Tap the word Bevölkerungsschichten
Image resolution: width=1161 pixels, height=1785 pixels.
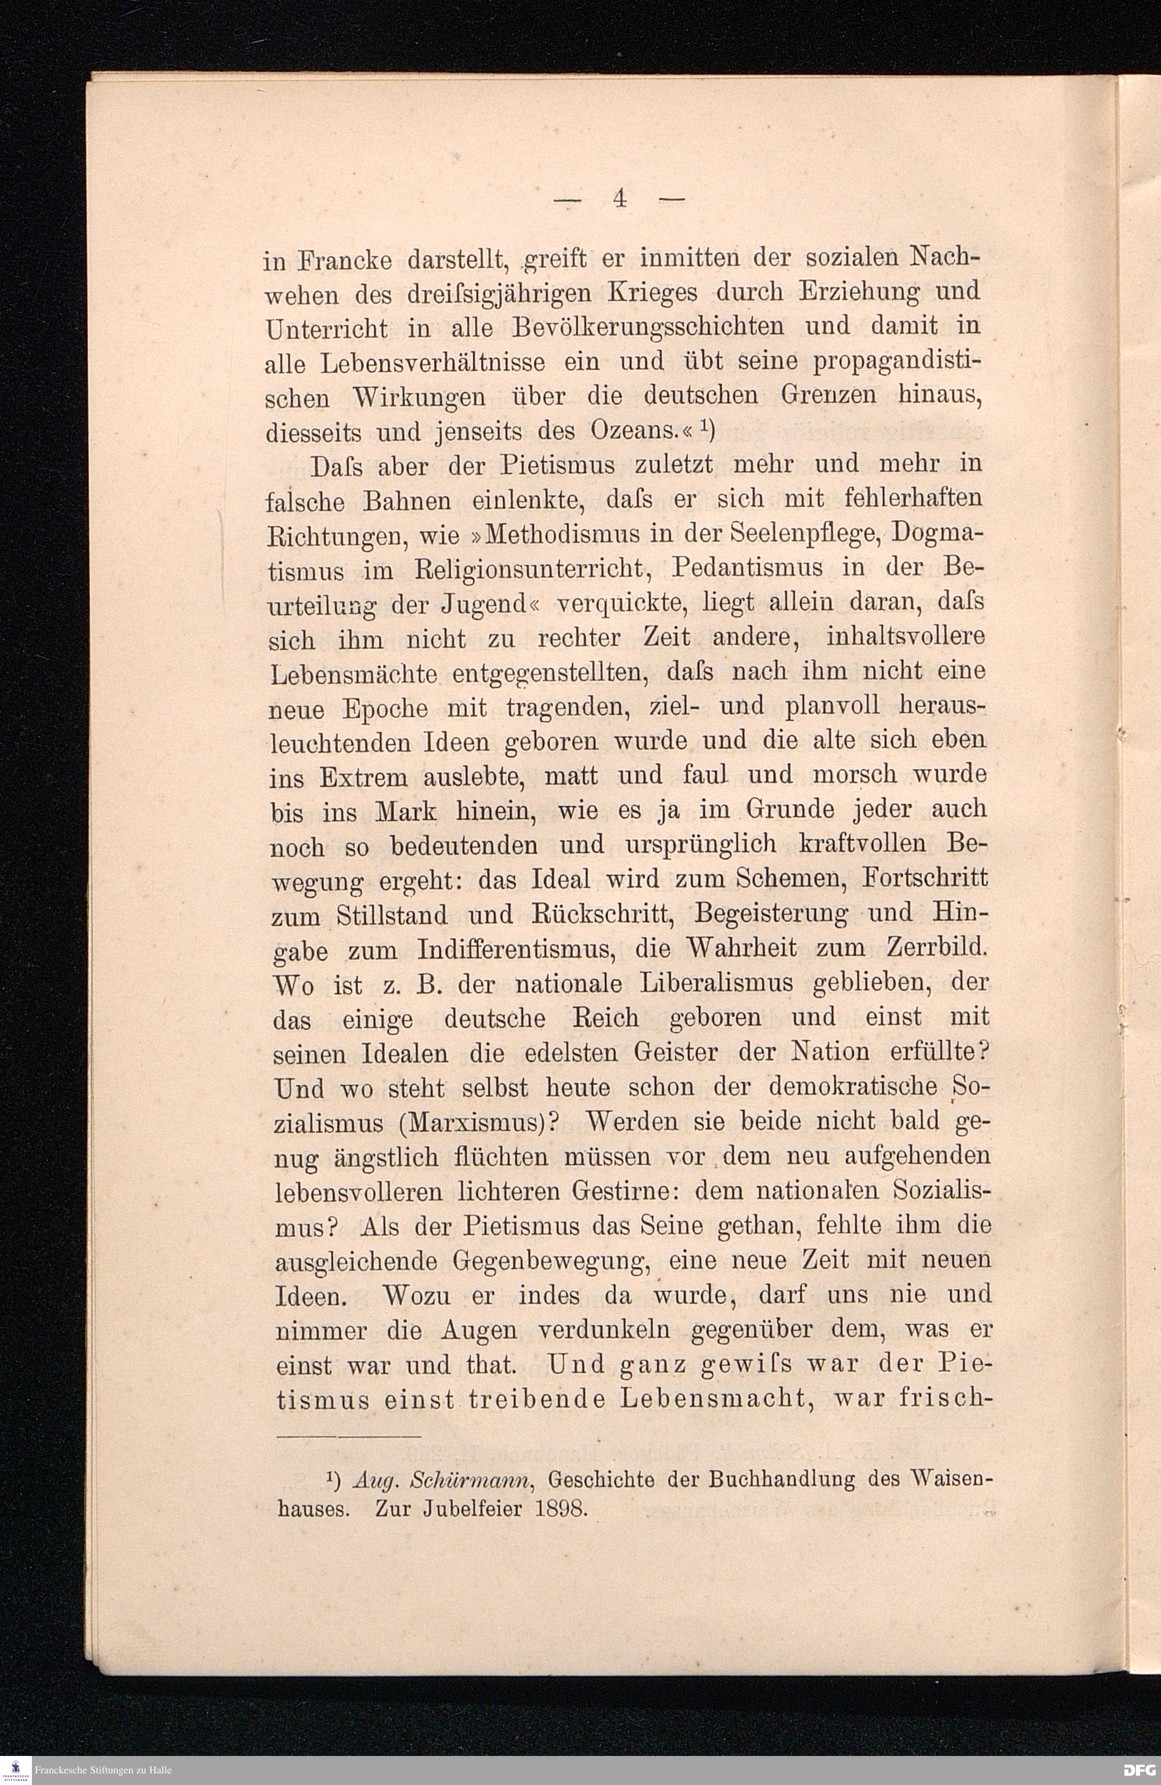(x=650, y=327)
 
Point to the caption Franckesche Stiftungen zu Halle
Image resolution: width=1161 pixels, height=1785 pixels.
(x=103, y=1770)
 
